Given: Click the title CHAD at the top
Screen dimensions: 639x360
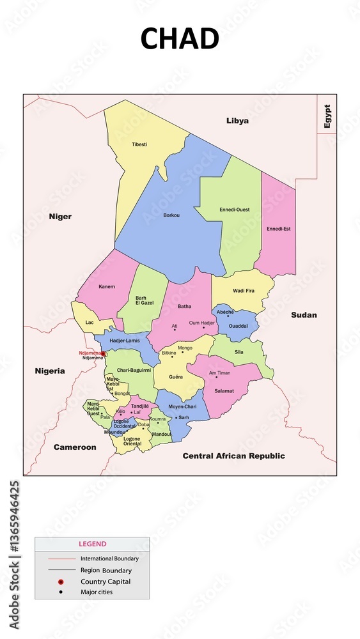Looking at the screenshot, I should (180, 38).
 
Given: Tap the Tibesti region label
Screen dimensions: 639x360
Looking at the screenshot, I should (139, 144).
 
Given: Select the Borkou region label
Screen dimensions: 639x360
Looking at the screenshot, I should (171, 215).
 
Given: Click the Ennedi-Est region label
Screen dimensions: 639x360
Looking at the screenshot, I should (278, 228).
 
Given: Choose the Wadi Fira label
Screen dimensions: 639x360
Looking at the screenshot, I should (243, 291).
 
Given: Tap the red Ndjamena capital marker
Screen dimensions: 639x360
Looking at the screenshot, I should (104, 353).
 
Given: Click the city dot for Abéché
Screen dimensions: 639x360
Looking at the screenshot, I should (228, 316).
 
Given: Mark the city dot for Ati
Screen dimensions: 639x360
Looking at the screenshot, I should (175, 330).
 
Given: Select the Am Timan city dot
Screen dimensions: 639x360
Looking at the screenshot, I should (216, 377).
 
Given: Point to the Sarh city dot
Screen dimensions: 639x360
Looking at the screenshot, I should (176, 417).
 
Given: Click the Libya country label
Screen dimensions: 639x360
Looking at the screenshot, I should (237, 121).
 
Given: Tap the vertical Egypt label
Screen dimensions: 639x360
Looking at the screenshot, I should (327, 116).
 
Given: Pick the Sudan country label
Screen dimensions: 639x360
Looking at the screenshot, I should (304, 315).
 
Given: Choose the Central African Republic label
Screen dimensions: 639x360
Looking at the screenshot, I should (233, 456).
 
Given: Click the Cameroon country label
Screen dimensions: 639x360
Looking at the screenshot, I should (75, 447).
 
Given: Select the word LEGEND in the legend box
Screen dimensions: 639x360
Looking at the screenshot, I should (92, 544).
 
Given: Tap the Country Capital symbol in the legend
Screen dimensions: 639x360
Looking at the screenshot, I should (60, 581).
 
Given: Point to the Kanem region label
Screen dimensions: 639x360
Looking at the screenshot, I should (107, 286).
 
